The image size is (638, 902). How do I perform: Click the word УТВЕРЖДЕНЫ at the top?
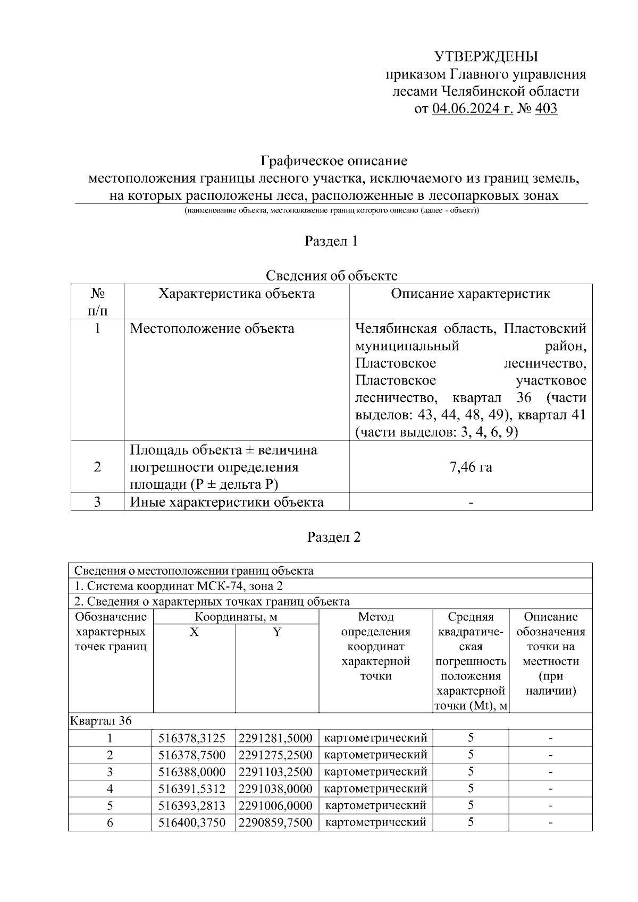point(486,56)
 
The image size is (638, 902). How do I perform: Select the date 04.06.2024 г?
point(472,109)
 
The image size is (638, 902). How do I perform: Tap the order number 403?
point(546,109)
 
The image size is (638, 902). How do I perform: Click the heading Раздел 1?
point(331,241)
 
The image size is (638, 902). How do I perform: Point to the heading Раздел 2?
point(334,537)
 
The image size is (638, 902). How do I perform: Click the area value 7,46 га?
point(471,467)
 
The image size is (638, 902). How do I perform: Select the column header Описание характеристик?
point(471,294)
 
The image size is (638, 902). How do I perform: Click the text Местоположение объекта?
point(212,328)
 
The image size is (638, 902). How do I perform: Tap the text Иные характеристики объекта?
point(226,502)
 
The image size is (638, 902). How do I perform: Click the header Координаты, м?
point(236,617)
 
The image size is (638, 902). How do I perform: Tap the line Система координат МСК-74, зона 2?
point(179,586)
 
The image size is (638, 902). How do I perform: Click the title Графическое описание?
point(333,160)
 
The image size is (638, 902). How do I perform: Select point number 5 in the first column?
point(110,805)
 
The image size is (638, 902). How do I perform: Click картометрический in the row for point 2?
point(375,755)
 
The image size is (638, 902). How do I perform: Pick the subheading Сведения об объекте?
point(331,276)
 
